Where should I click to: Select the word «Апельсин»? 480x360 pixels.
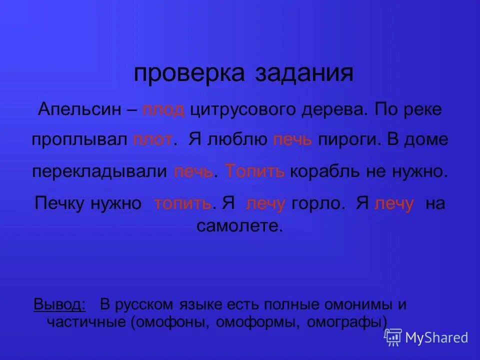click(79, 109)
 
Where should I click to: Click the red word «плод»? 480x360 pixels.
click(163, 109)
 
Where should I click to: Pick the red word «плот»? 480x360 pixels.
click(153, 140)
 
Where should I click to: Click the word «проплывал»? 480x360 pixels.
click(80, 140)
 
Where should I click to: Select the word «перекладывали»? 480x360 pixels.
click(99, 171)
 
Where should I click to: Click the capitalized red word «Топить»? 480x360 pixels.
click(255, 171)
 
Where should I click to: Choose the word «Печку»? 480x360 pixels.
click(60, 203)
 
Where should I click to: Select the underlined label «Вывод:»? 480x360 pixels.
click(59, 304)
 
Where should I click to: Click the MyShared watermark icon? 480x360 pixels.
click(393, 337)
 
